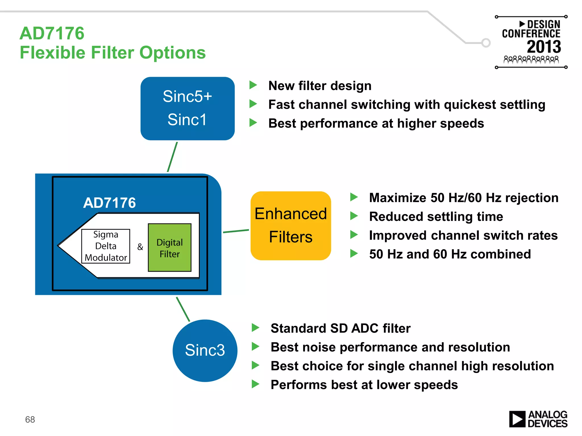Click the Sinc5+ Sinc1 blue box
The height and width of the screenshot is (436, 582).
pos(187,108)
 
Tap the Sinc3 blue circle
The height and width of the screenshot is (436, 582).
pos(205,350)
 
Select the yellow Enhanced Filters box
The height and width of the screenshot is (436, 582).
pos(290,226)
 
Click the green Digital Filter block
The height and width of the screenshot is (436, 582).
pos(170,248)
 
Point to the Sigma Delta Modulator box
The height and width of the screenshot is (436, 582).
pos(106,246)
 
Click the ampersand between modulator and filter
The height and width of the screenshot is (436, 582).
pos(140,247)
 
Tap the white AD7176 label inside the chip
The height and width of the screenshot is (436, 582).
pos(109,203)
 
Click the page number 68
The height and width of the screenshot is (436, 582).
pos(30,419)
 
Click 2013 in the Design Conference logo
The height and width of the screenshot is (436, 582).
pos(544,47)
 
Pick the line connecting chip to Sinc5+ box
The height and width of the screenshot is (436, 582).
pos(172,157)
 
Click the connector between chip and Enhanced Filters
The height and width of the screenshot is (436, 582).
pos(236,231)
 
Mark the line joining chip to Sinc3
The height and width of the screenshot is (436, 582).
pos(183,309)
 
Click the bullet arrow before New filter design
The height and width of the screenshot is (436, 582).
pos(253,85)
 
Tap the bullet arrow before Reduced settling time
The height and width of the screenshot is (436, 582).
pos(354,216)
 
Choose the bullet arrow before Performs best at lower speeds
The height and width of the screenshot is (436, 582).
pos(255,384)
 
